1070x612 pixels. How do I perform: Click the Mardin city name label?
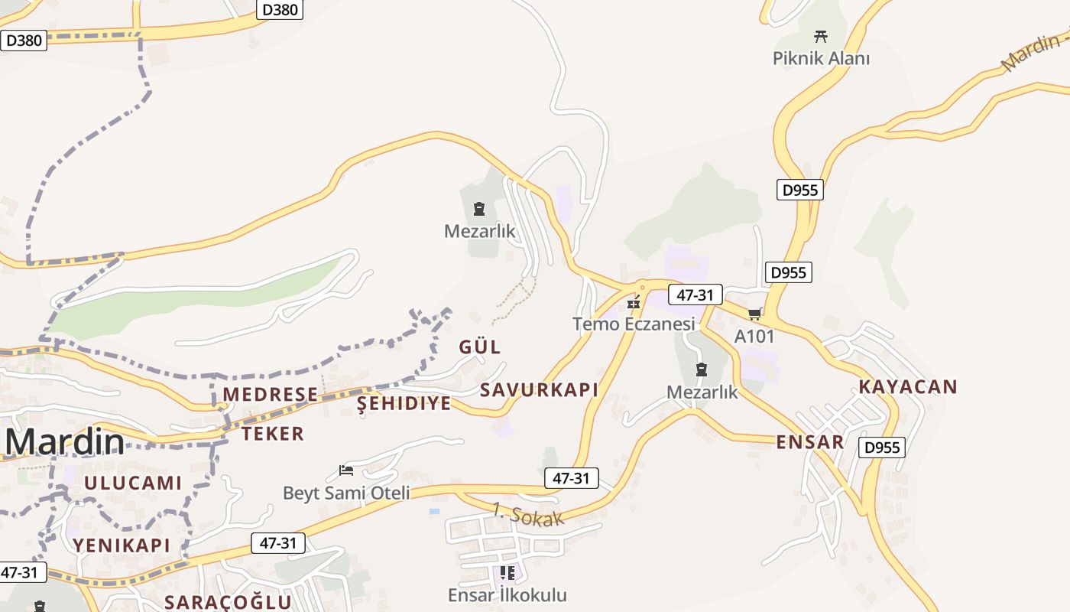(65, 443)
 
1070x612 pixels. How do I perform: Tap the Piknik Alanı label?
(821, 58)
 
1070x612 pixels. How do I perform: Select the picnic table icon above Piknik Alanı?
(821, 36)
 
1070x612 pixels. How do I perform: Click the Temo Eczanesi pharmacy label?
(634, 324)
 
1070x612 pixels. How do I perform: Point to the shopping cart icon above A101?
(755, 314)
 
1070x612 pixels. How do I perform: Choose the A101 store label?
(754, 336)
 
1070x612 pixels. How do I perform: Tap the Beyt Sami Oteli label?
(346, 493)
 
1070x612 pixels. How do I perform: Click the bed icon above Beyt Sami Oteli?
(346, 470)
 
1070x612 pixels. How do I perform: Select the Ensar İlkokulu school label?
(507, 595)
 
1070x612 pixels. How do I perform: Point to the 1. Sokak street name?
(527, 514)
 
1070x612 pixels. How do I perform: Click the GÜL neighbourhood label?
(480, 347)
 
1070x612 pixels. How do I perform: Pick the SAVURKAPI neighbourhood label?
(539, 389)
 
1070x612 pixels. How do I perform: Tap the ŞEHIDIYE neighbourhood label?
(404, 403)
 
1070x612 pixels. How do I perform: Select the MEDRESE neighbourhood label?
(270, 394)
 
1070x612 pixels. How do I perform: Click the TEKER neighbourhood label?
(273, 434)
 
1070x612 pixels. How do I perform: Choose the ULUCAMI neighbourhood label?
(133, 483)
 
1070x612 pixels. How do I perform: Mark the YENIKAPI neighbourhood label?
(122, 545)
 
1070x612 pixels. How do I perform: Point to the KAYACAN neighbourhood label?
(907, 386)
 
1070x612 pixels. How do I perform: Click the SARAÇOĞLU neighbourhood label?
(228, 602)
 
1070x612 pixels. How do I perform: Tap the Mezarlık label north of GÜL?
(480, 230)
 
